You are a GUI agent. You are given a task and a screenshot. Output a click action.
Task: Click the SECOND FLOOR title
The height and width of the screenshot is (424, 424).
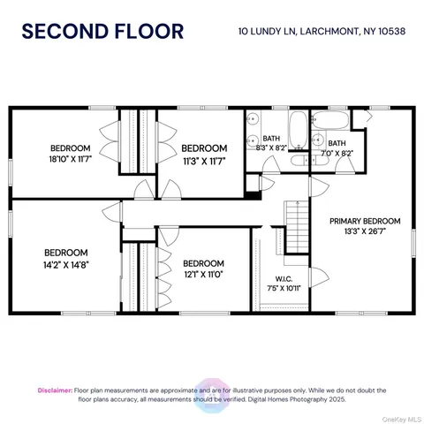[x=102, y=32]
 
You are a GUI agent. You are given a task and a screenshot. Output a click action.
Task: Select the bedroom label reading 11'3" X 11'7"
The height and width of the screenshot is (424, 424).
[x=204, y=154]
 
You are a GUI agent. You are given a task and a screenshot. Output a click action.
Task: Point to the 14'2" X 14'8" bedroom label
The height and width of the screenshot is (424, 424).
[x=66, y=256]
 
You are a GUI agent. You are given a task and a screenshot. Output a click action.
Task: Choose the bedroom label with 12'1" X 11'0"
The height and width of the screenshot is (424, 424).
[x=203, y=269]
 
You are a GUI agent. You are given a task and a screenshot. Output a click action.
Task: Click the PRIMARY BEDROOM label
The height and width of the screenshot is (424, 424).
[x=365, y=227]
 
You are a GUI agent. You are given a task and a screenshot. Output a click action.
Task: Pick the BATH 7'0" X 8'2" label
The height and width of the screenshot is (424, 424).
[x=337, y=148]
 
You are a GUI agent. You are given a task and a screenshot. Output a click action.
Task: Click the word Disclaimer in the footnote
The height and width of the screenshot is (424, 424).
[x=55, y=389]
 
